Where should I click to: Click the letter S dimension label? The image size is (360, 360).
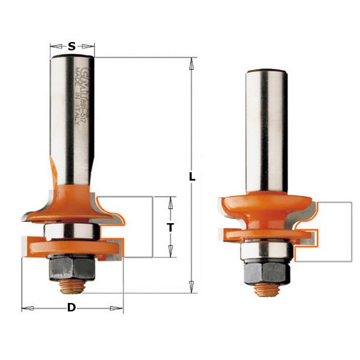(x=72, y=46)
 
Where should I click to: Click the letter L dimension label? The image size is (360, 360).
(x=192, y=177)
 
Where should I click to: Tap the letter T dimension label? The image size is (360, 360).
(x=170, y=227)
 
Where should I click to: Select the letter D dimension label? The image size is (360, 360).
(x=71, y=308)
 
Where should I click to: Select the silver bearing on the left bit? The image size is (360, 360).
(x=71, y=230)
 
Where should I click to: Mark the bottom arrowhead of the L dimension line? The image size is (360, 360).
(x=192, y=289)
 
